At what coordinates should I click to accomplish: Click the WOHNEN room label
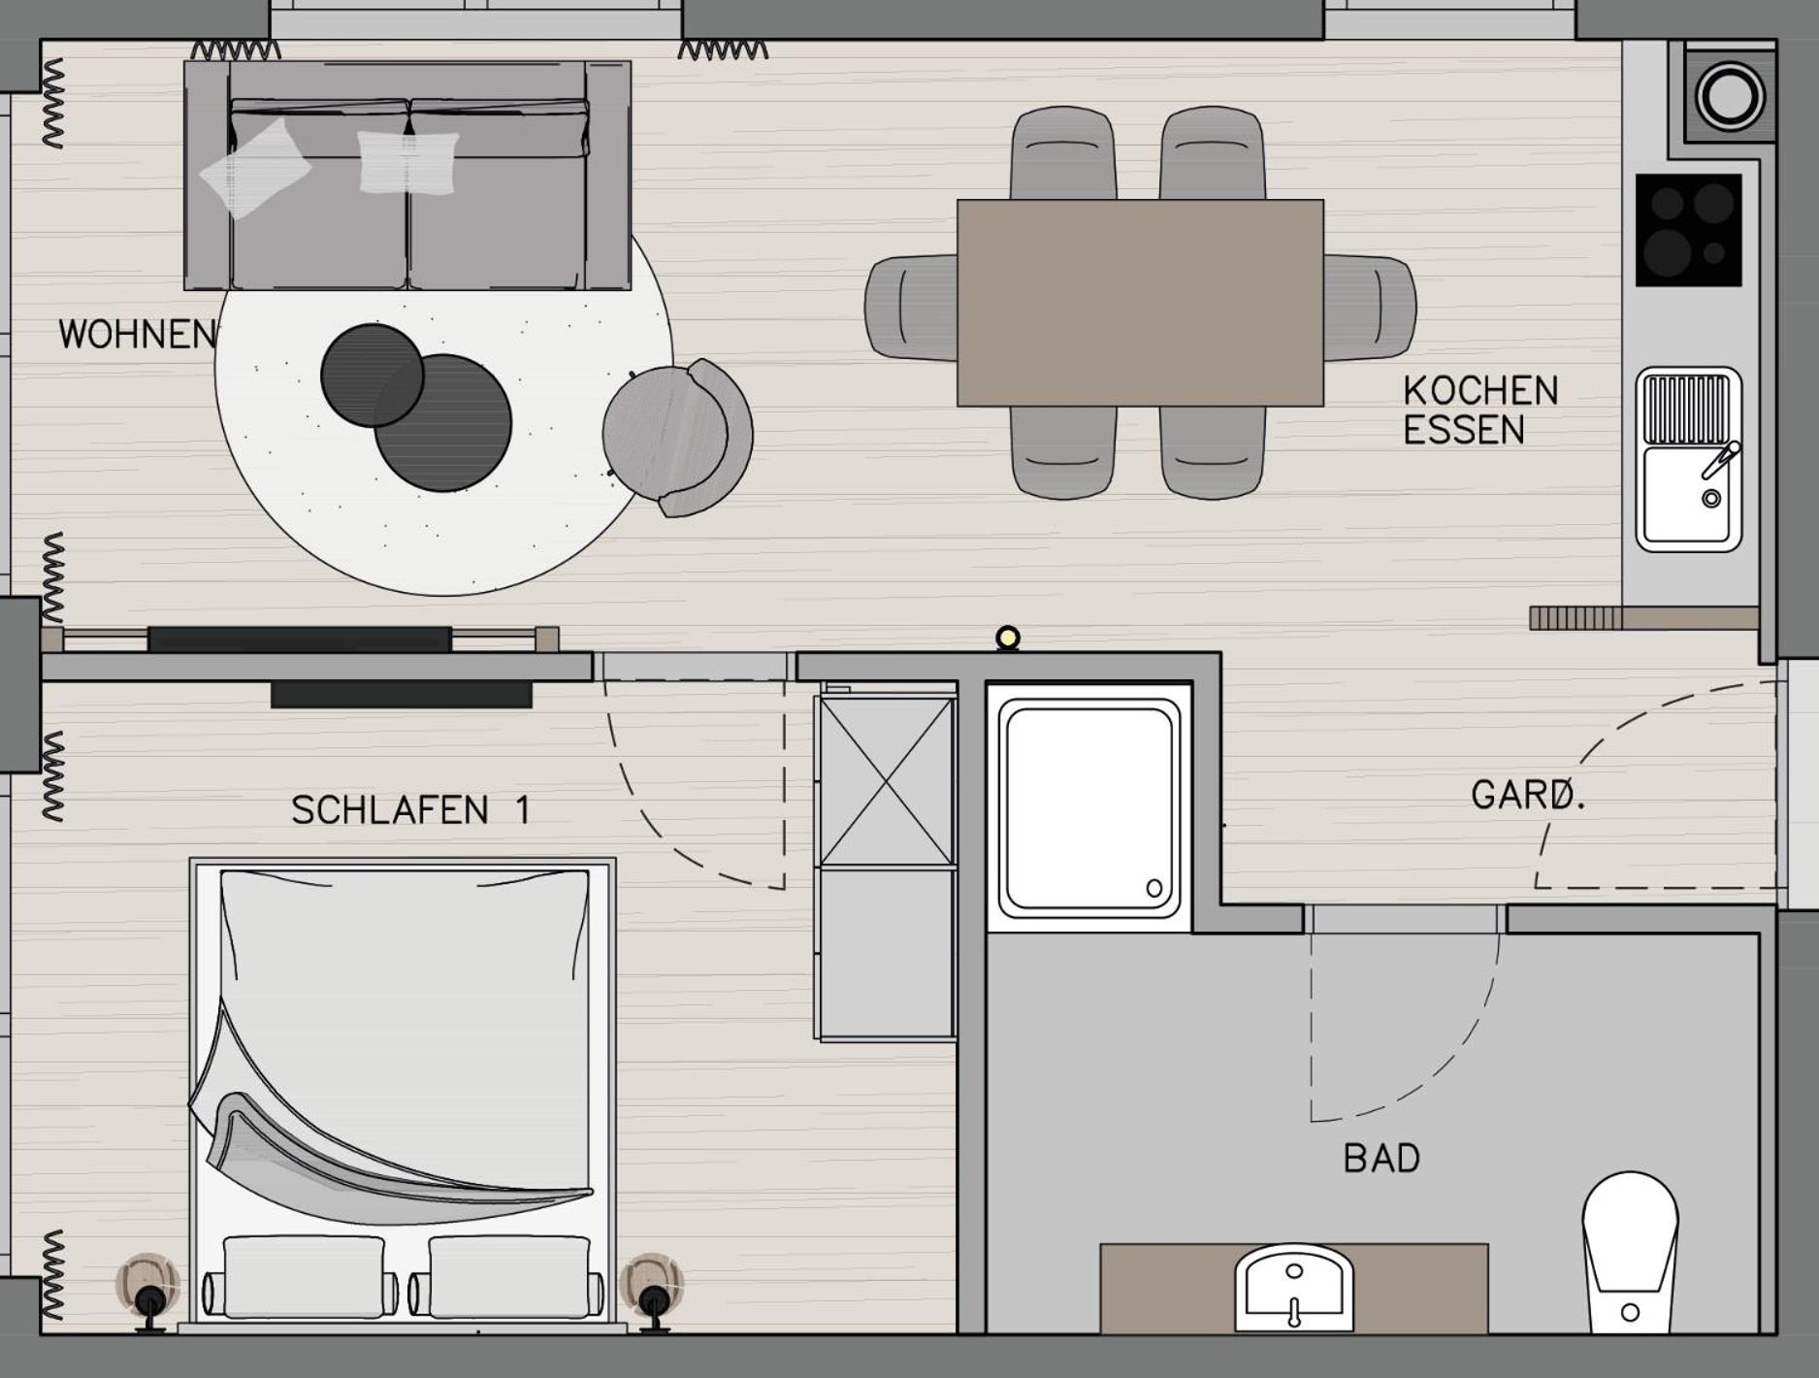pyautogui.click(x=137, y=335)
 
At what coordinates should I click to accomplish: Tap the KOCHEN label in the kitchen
pyautogui.click(x=1480, y=391)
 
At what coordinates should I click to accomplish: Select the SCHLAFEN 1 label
pyautogui.click(x=411, y=810)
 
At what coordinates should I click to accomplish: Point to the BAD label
pyautogui.click(x=1381, y=1158)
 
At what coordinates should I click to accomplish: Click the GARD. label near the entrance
pyautogui.click(x=1529, y=795)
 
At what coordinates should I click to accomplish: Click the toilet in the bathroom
pyautogui.click(x=1630, y=1252)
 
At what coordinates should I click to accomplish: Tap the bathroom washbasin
pyautogui.click(x=1293, y=1288)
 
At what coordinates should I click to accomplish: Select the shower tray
pyautogui.click(x=1089, y=807)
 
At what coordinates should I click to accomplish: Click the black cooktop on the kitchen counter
pyautogui.click(x=1688, y=230)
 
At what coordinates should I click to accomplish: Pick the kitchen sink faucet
pyautogui.click(x=1720, y=460)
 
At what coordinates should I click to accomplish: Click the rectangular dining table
pyautogui.click(x=1140, y=303)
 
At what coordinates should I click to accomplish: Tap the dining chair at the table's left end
pyautogui.click(x=911, y=309)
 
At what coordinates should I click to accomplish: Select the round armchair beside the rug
pyautogui.click(x=677, y=438)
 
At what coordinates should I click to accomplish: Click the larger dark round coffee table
pyautogui.click(x=443, y=423)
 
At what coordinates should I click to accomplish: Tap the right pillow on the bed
pyautogui.click(x=509, y=1276)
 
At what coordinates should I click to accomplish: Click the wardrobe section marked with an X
pyautogui.click(x=887, y=781)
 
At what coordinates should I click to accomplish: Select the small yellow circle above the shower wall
pyautogui.click(x=1008, y=638)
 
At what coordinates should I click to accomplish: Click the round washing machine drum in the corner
pyautogui.click(x=1730, y=96)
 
